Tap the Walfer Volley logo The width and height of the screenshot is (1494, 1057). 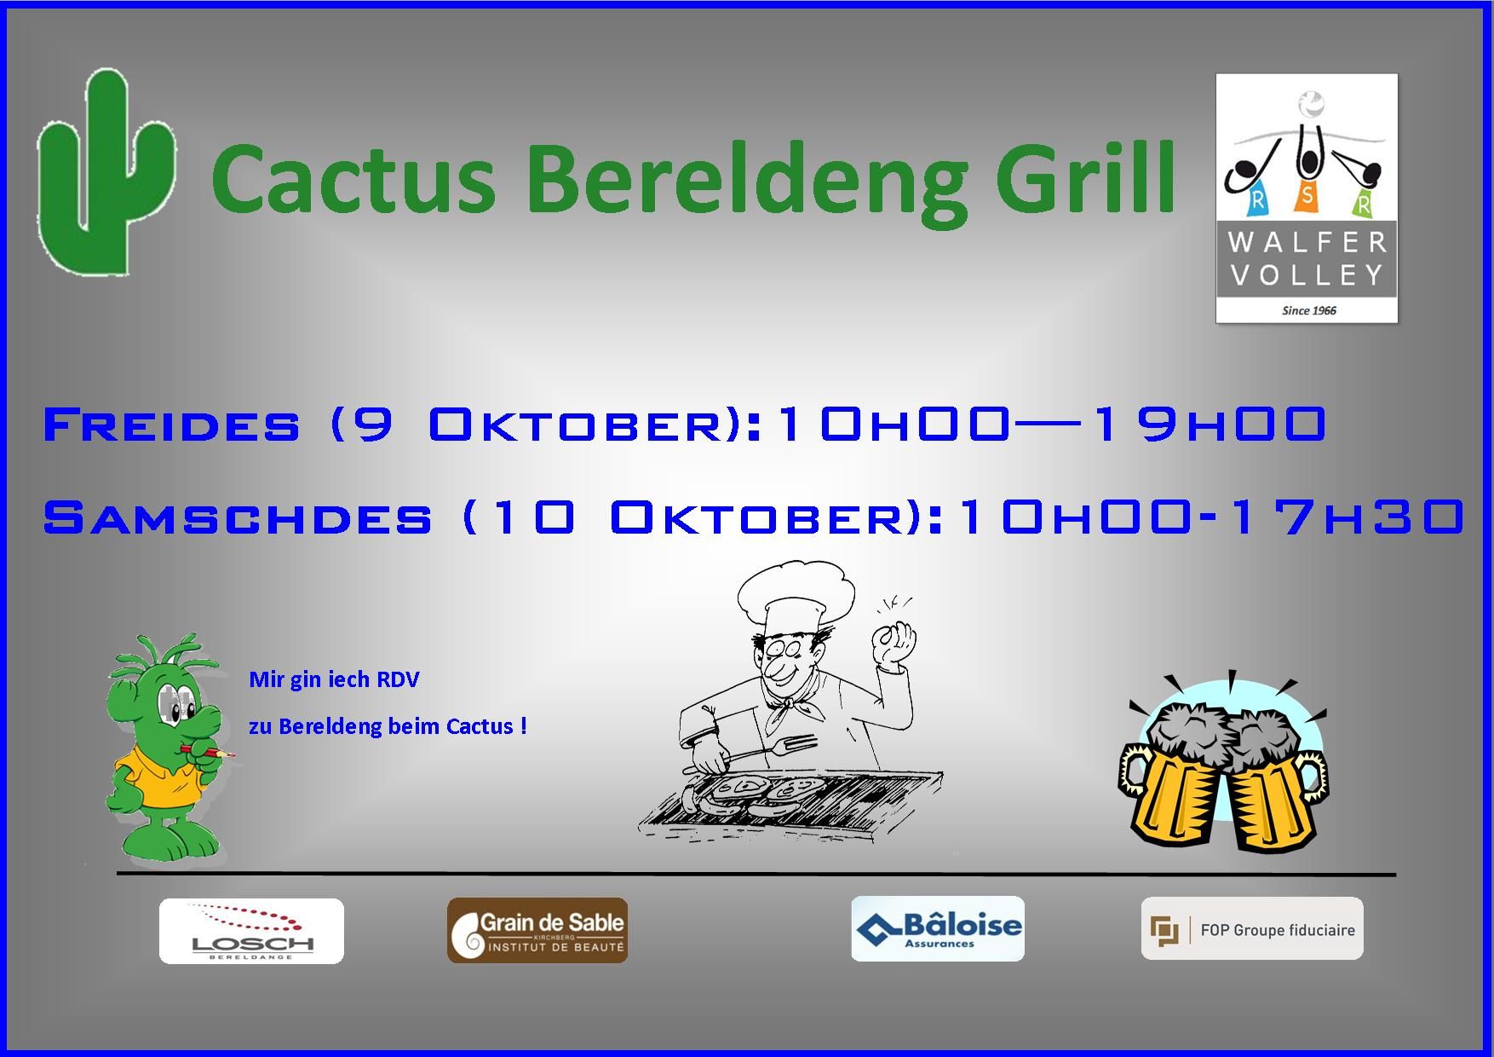1306,199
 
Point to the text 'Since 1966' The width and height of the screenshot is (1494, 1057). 1308,310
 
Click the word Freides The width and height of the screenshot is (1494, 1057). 171,424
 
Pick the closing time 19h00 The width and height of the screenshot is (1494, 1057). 1209,424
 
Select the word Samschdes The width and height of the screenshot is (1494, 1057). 238,517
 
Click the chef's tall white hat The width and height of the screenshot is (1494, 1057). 794,597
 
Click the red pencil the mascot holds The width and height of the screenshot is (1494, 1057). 209,752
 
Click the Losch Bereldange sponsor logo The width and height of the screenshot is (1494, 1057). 251,931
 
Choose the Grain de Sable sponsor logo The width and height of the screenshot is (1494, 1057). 537,931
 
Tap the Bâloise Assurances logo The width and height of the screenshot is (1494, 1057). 938,929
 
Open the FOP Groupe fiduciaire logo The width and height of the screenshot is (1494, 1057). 1252,928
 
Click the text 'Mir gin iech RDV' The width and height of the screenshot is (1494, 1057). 334,680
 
